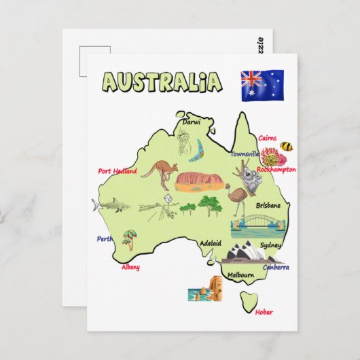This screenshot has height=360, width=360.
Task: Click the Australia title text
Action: point(162,82)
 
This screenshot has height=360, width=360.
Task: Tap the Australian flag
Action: point(262,84)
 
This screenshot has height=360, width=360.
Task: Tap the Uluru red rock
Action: point(198,180)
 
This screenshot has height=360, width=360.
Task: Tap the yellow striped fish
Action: point(287,146)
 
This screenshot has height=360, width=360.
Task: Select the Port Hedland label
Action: point(117,171)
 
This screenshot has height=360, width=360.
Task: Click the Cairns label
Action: point(267,138)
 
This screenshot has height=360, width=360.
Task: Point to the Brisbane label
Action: point(268,204)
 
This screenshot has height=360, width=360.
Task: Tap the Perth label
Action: point(105,238)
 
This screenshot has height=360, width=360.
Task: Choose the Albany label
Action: point(130,267)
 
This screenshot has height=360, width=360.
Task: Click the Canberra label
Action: point(276,267)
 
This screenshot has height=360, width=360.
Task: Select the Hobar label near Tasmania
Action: point(264,312)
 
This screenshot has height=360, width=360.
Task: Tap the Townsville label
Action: point(245,154)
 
